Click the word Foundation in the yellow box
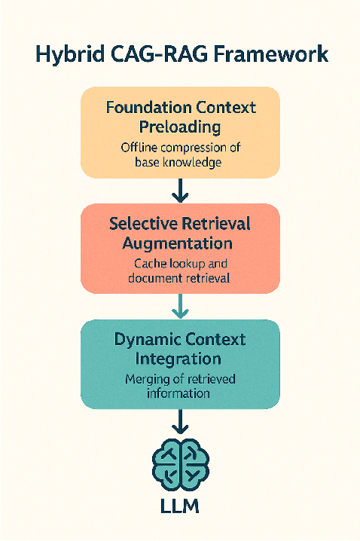click(148, 108)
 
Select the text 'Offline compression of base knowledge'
click(179, 154)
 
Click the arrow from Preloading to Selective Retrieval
click(179, 191)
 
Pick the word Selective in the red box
click(141, 224)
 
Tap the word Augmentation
click(179, 243)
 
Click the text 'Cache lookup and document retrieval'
click(179, 270)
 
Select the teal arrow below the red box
click(179, 306)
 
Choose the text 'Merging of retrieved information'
click(179, 386)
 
